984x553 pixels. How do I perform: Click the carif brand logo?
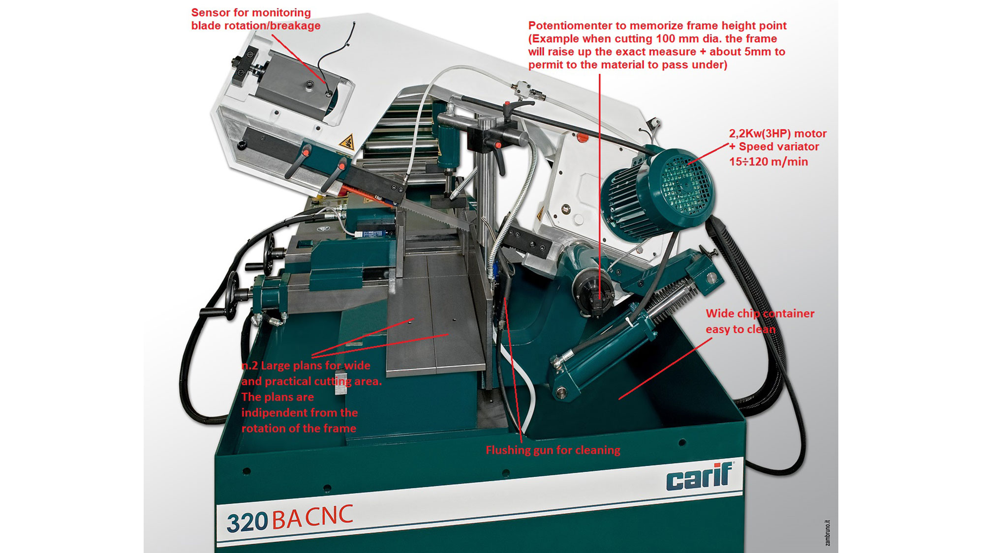[699, 477]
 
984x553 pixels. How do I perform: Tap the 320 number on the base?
[247, 523]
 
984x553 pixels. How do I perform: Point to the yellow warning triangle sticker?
[347, 142]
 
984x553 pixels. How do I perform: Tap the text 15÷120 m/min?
[768, 162]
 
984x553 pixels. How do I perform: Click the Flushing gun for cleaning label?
[553, 450]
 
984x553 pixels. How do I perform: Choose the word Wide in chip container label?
[719, 314]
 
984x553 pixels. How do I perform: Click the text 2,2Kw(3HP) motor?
[777, 134]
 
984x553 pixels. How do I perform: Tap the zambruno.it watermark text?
[827, 533]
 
